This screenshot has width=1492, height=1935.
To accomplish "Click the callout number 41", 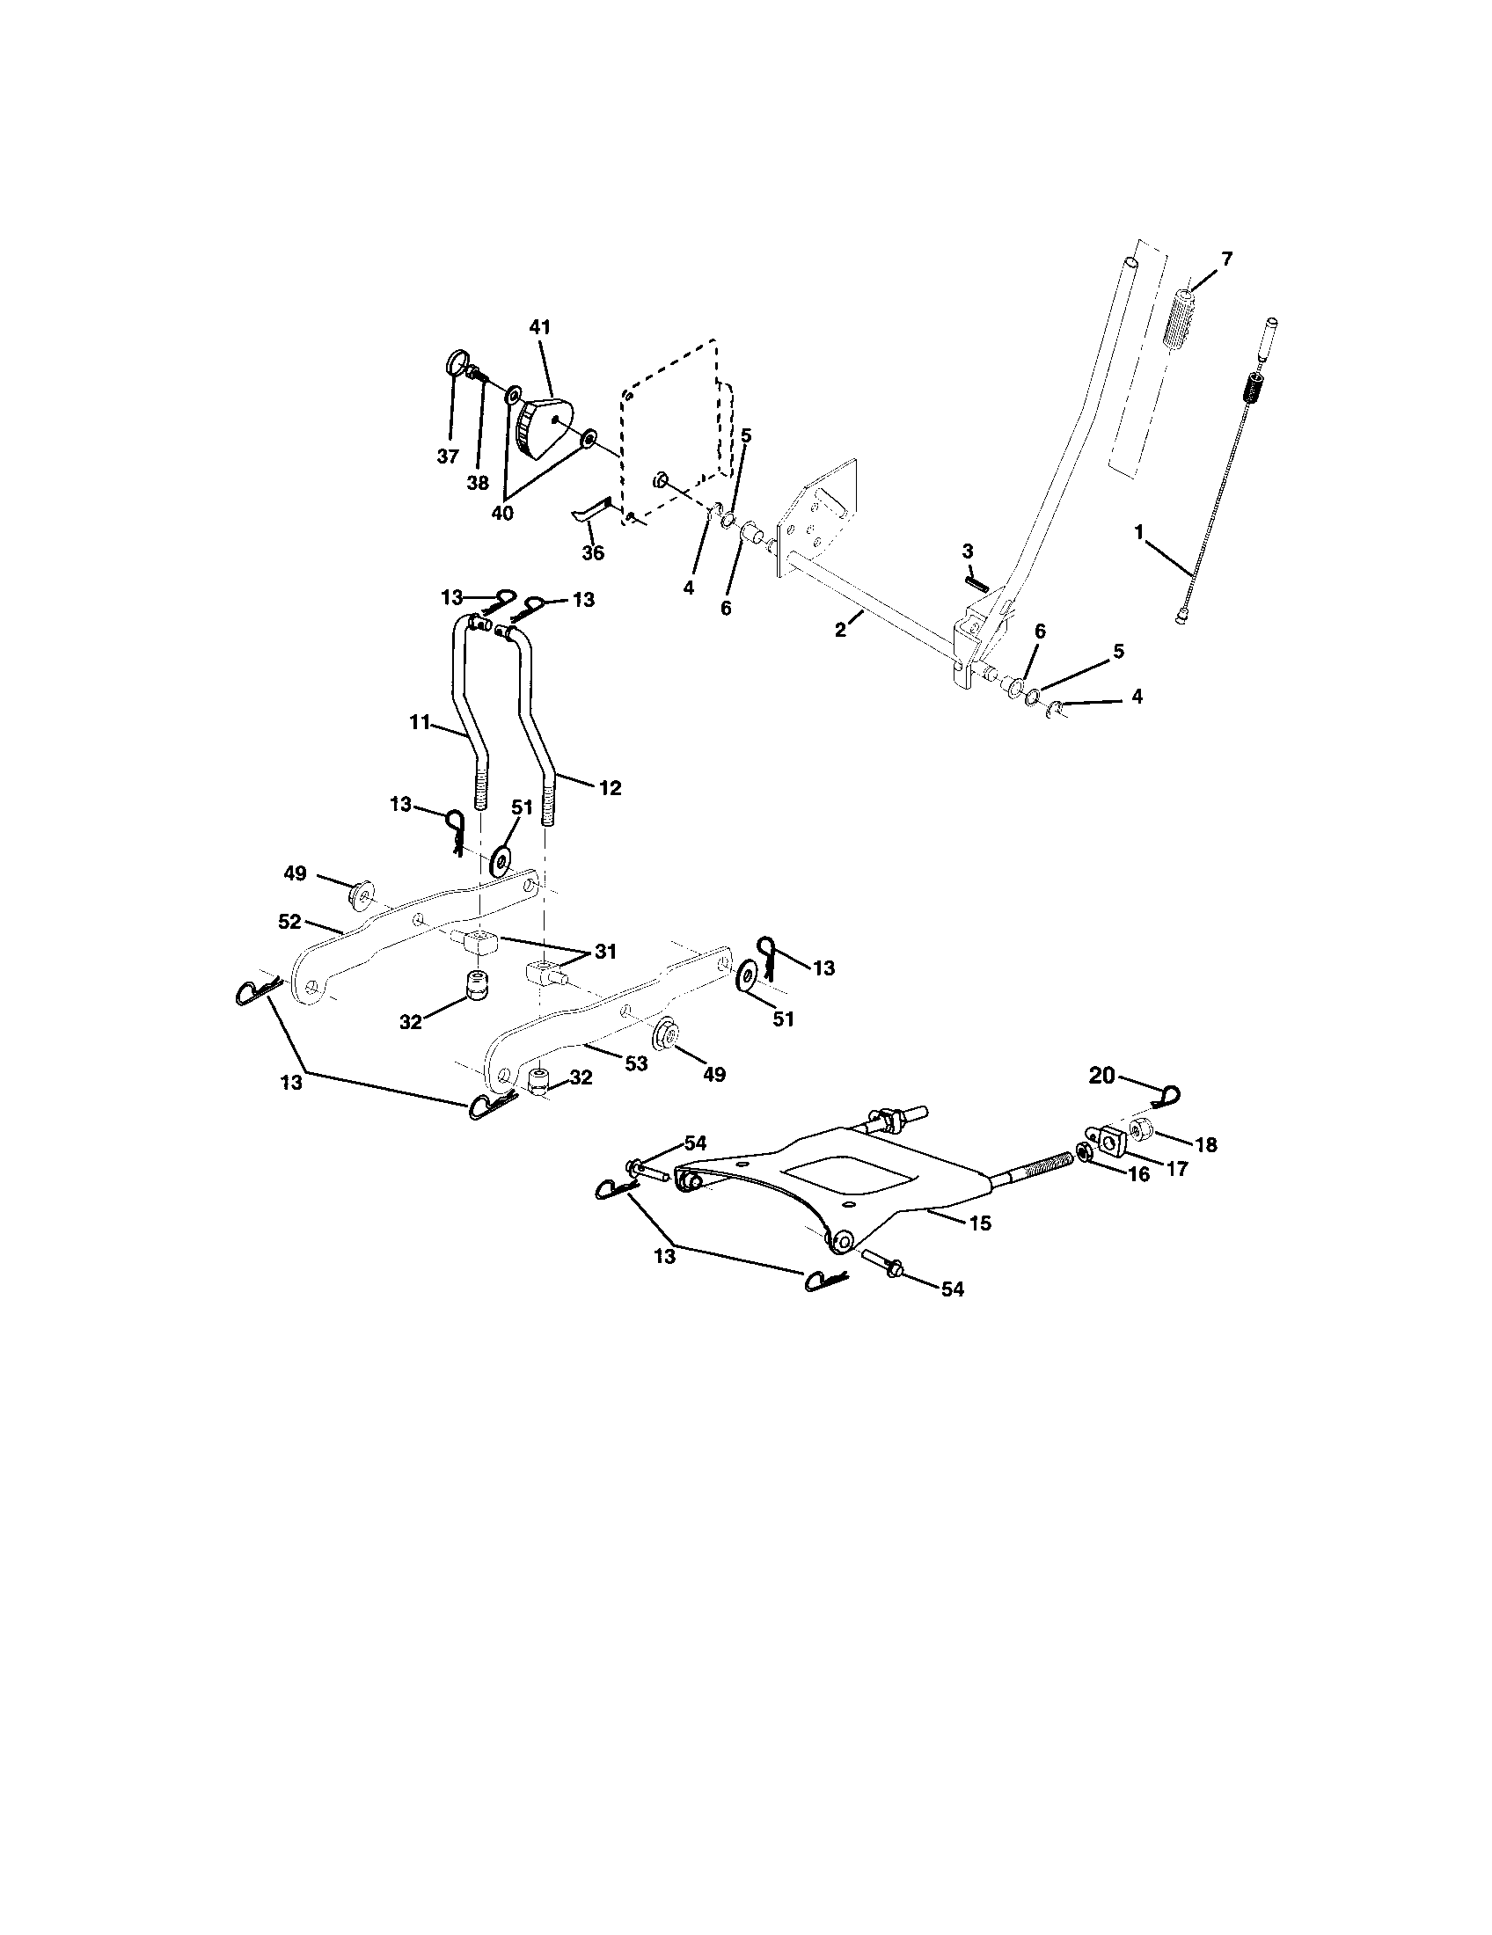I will (539, 327).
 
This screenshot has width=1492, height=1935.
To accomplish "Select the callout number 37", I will (448, 456).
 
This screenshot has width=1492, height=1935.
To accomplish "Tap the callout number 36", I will (592, 553).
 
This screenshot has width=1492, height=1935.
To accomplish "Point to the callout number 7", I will (1226, 259).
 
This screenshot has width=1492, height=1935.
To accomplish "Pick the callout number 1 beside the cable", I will (1138, 532).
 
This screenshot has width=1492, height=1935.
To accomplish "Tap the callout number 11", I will (419, 723).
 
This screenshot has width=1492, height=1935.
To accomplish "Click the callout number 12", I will (610, 787).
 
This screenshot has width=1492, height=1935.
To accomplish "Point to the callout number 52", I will (289, 921).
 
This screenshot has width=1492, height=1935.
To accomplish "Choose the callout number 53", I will (636, 1064).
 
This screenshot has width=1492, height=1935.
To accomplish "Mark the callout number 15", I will (980, 1223).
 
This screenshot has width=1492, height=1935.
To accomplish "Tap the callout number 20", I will (1101, 1076).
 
